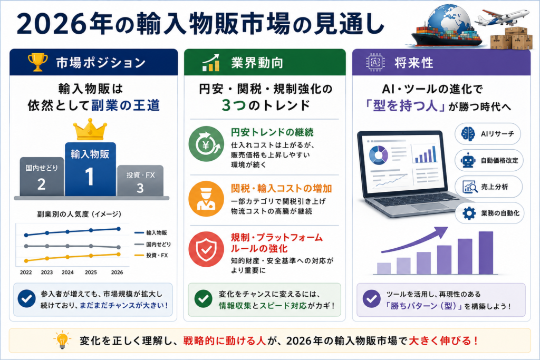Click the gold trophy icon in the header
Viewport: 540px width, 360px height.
(x=38, y=62)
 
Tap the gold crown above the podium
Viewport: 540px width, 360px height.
(x=90, y=130)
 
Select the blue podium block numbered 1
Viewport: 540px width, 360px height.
(x=90, y=169)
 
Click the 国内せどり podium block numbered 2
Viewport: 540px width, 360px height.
(x=42, y=177)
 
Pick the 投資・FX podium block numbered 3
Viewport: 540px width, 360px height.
(x=140, y=181)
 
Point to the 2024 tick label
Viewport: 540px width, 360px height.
(x=67, y=272)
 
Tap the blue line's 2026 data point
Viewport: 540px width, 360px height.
(x=119, y=229)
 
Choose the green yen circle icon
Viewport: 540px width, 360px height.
(x=206, y=144)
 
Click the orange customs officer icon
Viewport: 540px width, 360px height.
(x=206, y=199)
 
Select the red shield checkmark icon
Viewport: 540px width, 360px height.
(x=206, y=249)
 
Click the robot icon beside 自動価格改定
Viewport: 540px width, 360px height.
(x=468, y=160)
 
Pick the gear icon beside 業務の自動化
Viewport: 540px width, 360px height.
(x=469, y=213)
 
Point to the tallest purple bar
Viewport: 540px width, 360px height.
(x=486, y=253)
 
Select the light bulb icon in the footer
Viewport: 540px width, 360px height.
(x=62, y=340)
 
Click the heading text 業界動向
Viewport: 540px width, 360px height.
(x=257, y=63)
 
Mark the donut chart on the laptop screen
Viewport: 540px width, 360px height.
(x=379, y=155)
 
